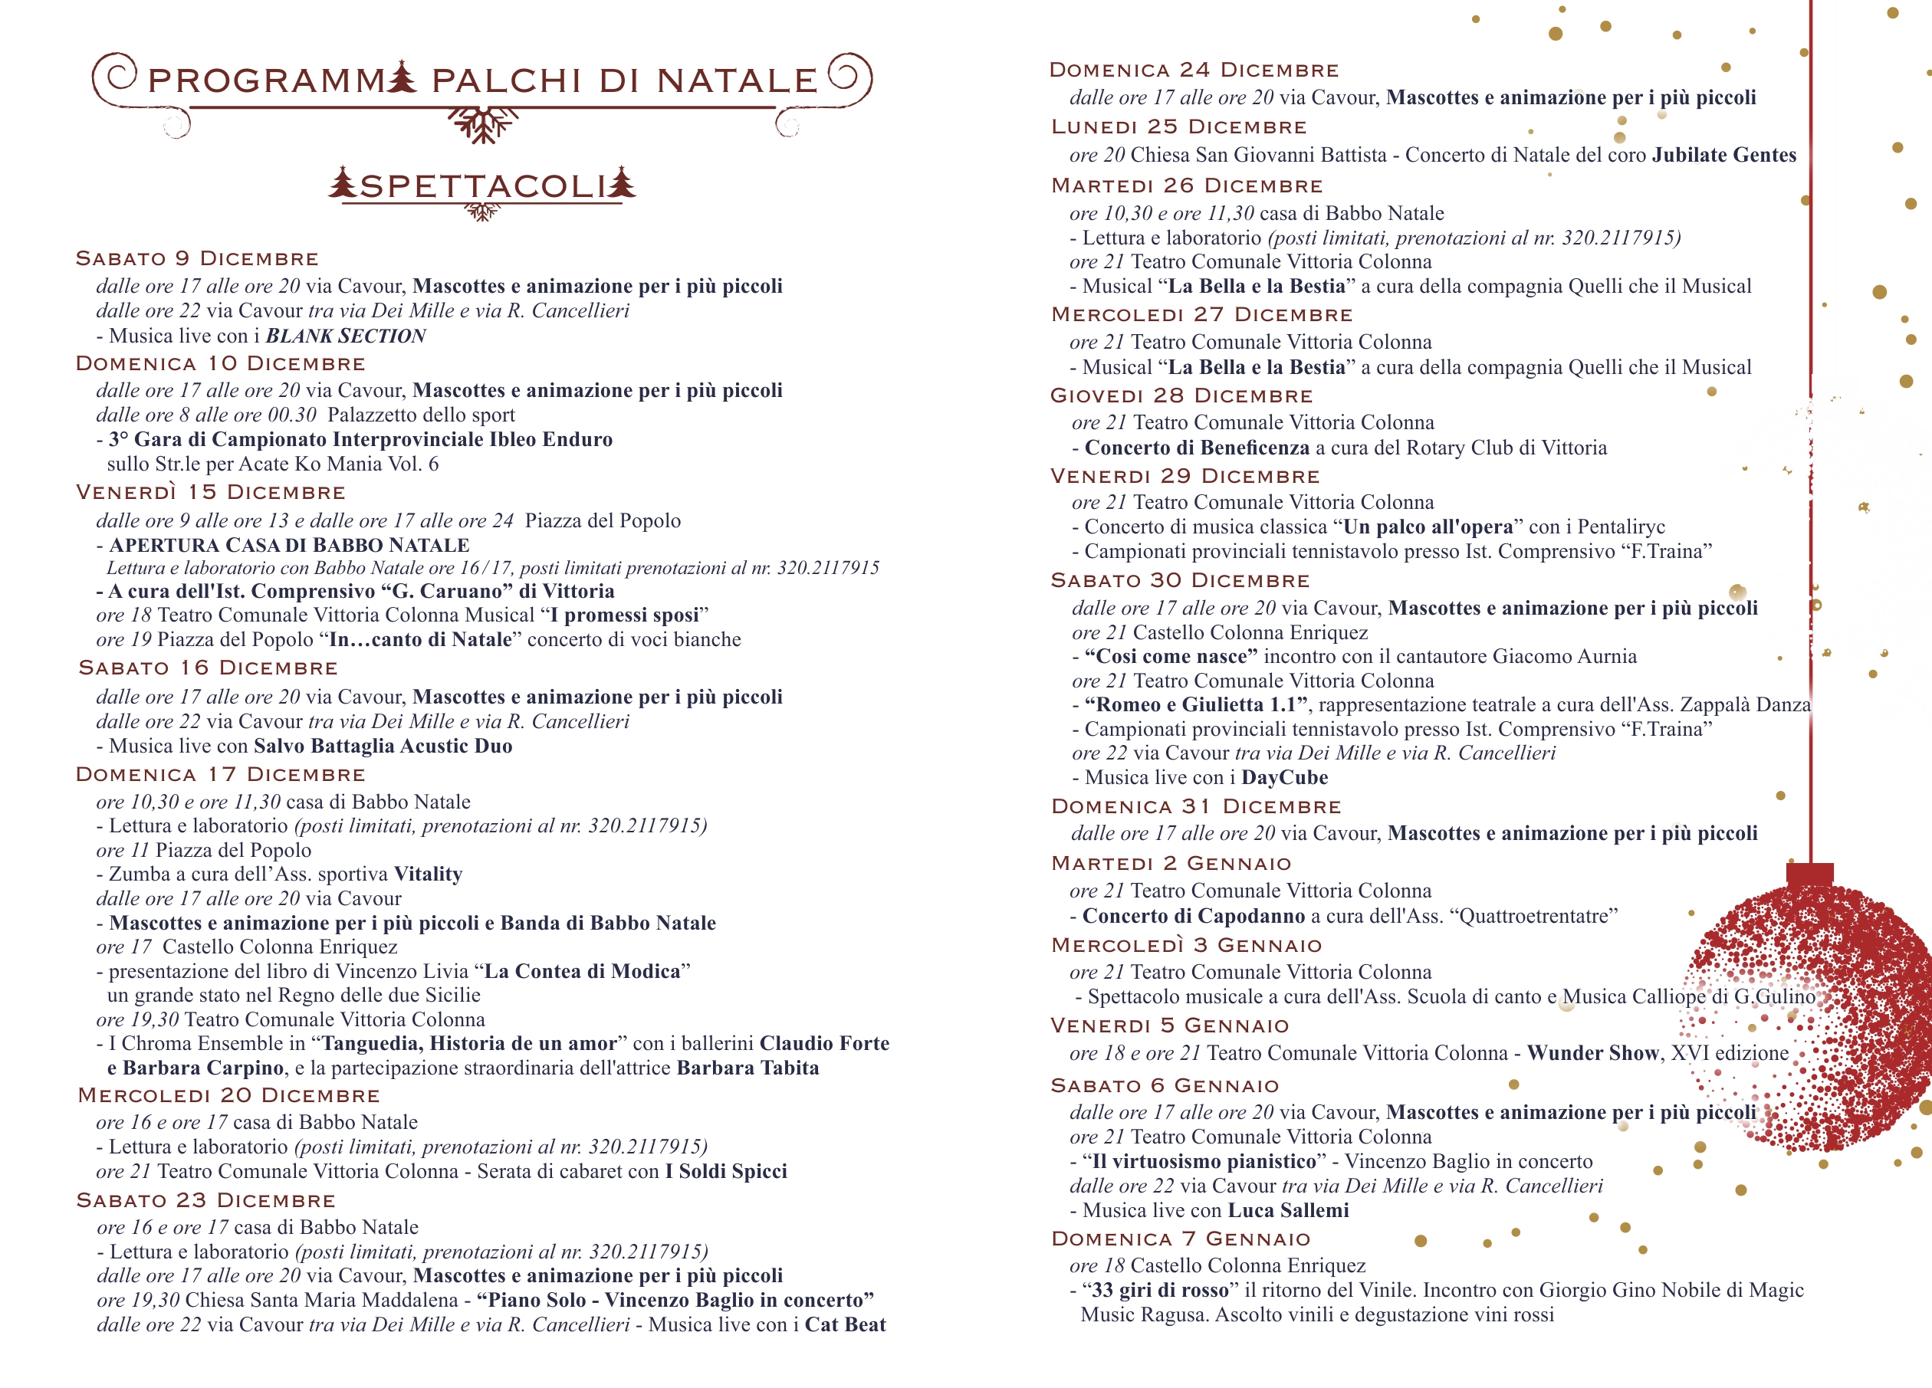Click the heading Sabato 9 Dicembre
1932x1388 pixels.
point(197,259)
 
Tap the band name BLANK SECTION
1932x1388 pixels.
point(346,336)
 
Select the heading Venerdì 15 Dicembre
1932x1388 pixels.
point(210,493)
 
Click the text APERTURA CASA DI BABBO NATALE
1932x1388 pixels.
point(289,546)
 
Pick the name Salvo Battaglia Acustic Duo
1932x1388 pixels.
point(383,747)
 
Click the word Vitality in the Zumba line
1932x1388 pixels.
point(429,874)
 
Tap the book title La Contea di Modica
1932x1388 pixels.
point(583,972)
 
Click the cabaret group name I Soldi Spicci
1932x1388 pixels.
point(727,1172)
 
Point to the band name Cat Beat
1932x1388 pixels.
point(845,1326)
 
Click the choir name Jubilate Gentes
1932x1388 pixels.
point(1724,156)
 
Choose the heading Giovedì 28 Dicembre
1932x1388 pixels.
point(1181,396)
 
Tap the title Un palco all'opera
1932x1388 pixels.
point(1428,527)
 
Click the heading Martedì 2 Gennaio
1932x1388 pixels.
point(1171,865)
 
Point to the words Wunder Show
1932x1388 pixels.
point(1593,1054)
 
